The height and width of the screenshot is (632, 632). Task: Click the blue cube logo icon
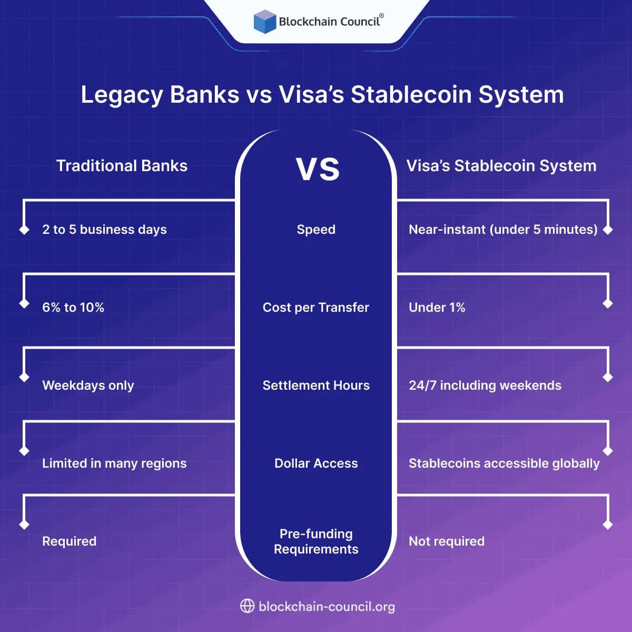coord(265,22)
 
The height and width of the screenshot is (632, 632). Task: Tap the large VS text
coord(318,169)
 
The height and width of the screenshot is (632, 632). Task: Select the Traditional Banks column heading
coord(122,166)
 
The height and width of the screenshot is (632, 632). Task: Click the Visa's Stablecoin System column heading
coord(501,166)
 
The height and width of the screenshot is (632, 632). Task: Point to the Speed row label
coord(316,230)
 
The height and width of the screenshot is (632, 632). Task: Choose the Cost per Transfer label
coord(316,308)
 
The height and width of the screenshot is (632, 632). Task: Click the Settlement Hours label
coord(316,386)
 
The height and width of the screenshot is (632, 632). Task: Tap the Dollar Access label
coord(316,463)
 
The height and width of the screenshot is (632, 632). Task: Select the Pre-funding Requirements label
coord(316,541)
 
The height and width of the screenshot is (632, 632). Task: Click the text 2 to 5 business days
coord(104,230)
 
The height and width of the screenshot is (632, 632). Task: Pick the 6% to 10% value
coord(73,308)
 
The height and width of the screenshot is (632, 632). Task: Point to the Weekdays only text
coord(88,386)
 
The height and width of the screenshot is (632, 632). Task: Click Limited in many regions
coord(114,463)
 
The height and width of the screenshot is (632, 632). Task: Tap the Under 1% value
coord(437,308)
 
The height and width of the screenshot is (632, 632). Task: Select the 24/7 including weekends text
coord(485,386)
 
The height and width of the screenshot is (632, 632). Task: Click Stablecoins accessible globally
coord(504,463)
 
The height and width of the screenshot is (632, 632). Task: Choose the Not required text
coord(447,541)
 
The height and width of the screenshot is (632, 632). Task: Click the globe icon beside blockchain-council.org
coord(247,606)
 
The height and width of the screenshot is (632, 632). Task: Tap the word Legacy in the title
coord(122,95)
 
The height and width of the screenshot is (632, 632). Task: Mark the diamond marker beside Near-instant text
coord(608,230)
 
